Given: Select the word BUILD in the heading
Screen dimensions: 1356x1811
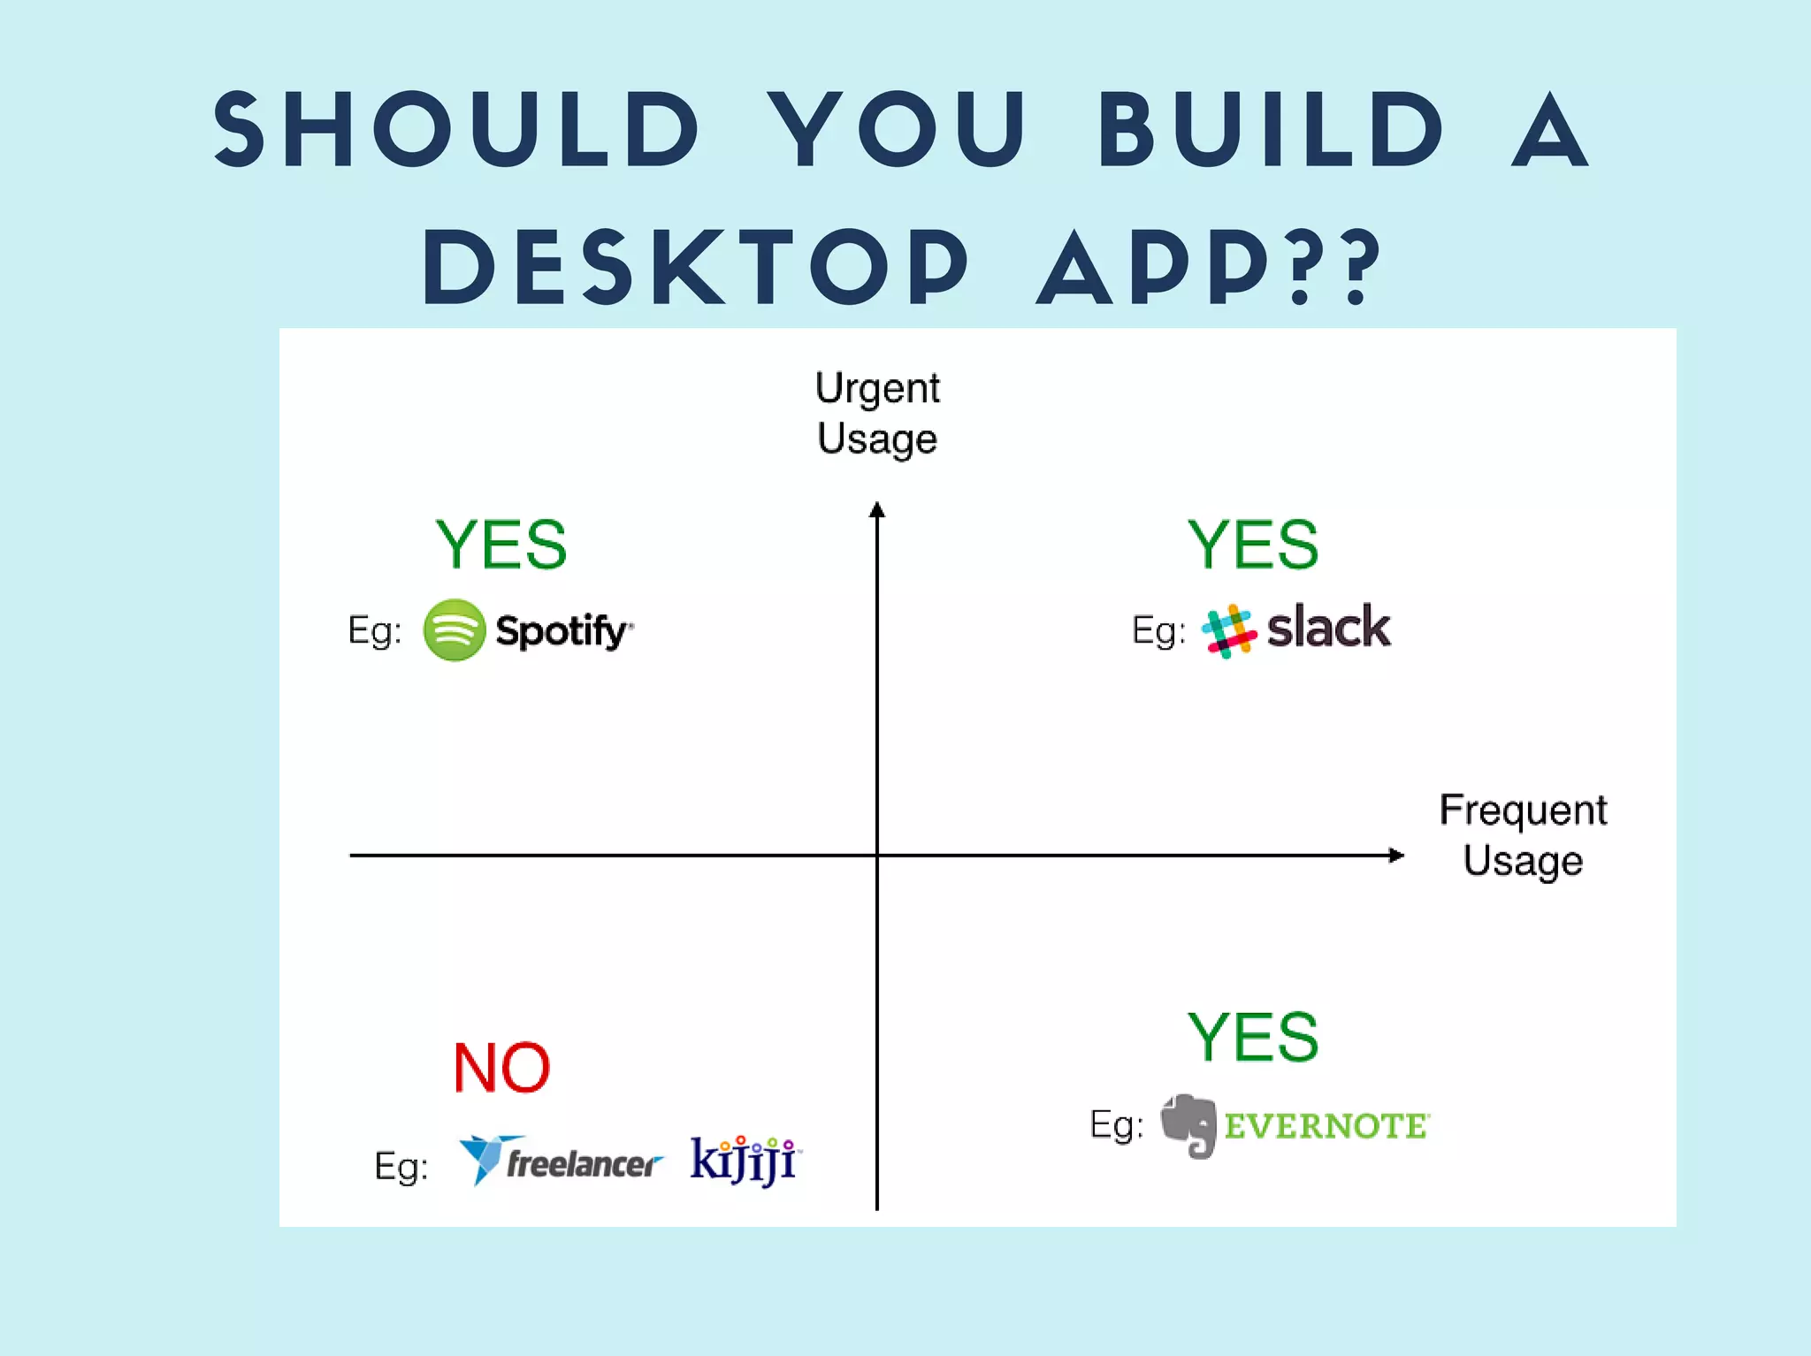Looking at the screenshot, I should [1270, 131].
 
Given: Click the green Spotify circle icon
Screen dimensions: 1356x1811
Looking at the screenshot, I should [455, 630].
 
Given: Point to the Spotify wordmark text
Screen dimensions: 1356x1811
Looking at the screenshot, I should [562, 631].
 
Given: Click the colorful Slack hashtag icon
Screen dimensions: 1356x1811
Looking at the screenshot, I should [1228, 631].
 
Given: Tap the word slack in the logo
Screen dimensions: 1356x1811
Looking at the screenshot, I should [1328, 628].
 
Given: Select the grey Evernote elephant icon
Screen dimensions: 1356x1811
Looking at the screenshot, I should [1189, 1125].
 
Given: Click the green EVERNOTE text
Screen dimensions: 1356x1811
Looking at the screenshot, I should [1326, 1126].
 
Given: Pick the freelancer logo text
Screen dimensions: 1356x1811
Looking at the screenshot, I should [582, 1163].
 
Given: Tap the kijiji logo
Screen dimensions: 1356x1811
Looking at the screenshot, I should [744, 1160].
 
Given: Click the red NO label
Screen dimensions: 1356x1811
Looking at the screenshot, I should [501, 1068].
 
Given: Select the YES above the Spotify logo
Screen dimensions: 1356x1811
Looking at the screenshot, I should [501, 545].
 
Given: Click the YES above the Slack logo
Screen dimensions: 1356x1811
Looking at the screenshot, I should [1252, 545].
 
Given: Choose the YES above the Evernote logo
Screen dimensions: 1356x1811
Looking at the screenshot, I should [1252, 1037].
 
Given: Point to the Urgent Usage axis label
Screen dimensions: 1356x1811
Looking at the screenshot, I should [877, 414].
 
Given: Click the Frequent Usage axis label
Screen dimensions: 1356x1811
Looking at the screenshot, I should [1522, 835].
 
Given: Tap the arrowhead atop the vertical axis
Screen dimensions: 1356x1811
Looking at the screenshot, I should [877, 510].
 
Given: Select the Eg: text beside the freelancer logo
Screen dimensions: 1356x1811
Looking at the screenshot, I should [401, 1166].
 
